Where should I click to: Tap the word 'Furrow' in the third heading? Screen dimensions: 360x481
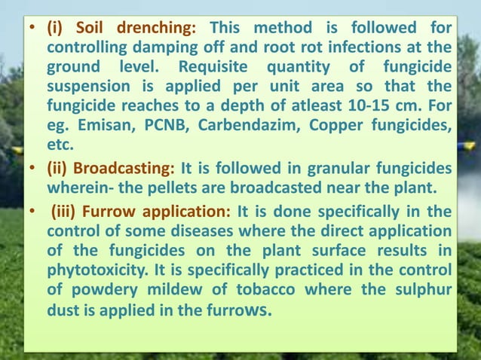pyautogui.click(x=112, y=212)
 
